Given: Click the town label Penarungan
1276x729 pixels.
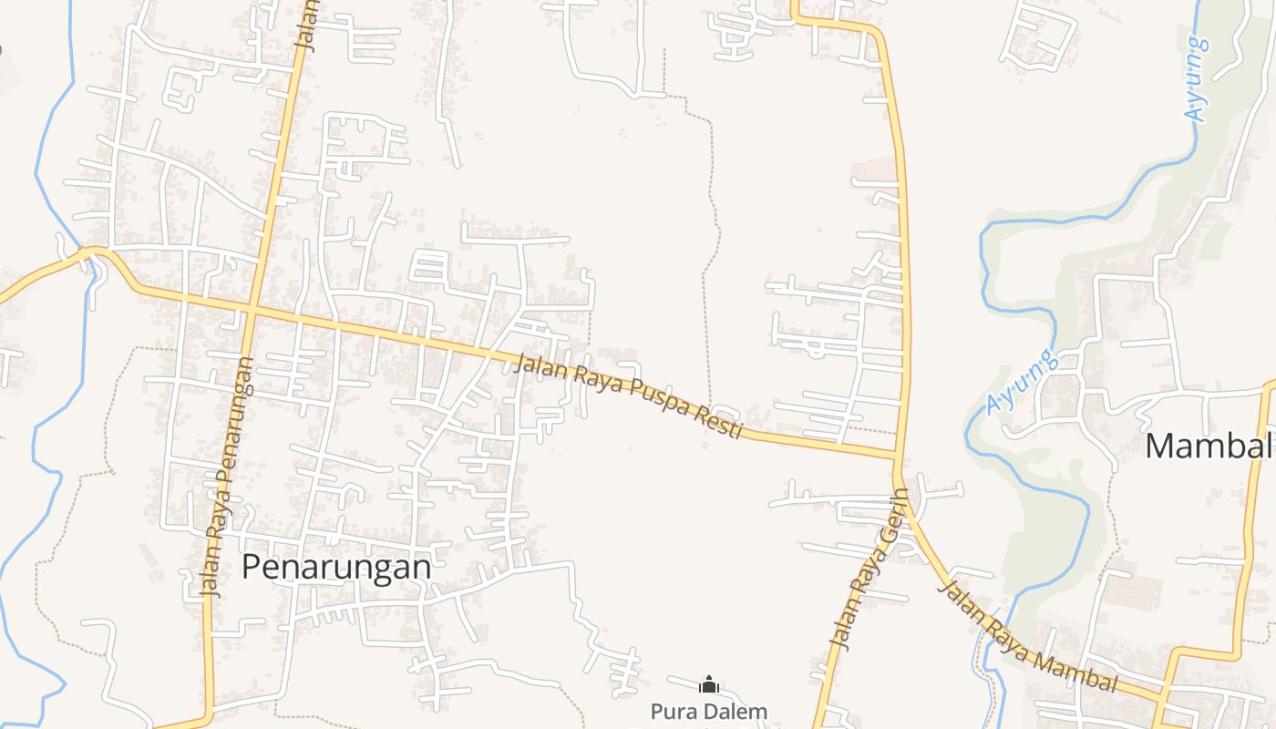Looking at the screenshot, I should [x=335, y=567].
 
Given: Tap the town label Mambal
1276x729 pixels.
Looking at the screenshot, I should [x=1208, y=446].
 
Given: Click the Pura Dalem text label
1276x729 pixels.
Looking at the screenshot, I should [x=709, y=711].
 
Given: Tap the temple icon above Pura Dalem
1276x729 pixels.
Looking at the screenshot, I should [x=709, y=684].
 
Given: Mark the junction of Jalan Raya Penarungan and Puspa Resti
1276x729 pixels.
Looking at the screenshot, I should [x=251, y=313].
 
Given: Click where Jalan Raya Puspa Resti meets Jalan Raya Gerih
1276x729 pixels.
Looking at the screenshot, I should [x=899, y=454].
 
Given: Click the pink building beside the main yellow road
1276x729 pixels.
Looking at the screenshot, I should [x=874, y=170].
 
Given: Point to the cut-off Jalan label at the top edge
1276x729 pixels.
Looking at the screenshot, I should [x=306, y=25].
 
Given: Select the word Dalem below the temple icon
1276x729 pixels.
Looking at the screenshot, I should [x=738, y=711].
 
